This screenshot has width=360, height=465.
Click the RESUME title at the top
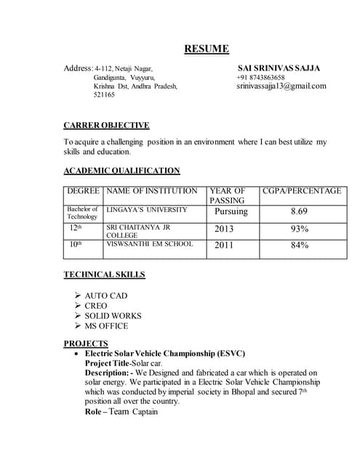[206, 49]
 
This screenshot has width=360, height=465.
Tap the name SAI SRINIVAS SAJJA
[279, 68]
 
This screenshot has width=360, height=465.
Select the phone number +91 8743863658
[260, 77]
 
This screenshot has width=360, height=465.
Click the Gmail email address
[281, 86]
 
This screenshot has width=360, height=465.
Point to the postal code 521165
[105, 94]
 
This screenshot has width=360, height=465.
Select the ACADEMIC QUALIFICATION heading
[121, 171]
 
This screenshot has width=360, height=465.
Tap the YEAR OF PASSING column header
[228, 195]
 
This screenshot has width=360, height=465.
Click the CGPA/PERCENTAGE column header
[301, 190]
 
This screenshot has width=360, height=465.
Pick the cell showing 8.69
[299, 211]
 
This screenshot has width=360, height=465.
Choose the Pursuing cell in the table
[231, 211]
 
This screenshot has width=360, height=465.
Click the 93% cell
[299, 229]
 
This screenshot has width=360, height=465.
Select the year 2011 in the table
[224, 245]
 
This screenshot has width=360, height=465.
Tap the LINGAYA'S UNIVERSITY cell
[146, 209]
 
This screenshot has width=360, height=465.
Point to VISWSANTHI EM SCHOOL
[150, 244]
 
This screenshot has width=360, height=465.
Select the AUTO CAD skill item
[107, 296]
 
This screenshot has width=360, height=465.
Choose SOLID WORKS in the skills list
[113, 316]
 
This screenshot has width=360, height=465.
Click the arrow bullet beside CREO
[78, 306]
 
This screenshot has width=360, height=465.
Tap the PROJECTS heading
[86, 343]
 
